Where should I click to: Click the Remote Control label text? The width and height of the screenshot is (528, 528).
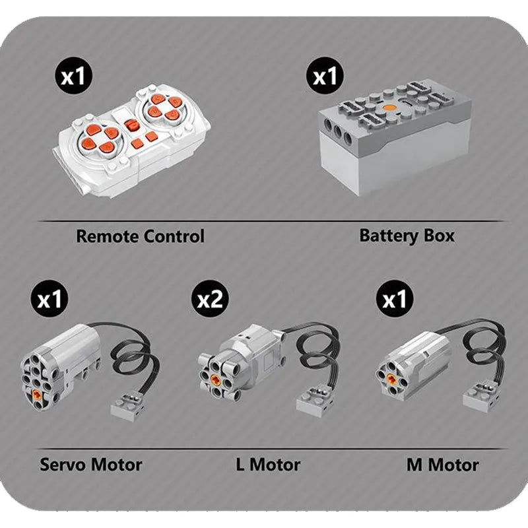tap(140, 236)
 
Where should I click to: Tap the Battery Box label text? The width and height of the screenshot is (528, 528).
tap(407, 235)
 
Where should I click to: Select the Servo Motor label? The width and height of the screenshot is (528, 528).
tap(91, 464)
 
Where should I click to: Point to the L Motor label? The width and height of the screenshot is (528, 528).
tap(267, 465)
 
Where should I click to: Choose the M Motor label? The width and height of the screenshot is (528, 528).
tap(442, 465)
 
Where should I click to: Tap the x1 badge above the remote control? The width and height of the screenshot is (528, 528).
tap(73, 77)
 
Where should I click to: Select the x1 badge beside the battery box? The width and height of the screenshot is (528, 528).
tap(325, 77)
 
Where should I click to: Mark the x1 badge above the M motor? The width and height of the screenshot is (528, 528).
tap(395, 301)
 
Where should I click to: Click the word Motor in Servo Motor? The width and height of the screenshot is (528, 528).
tap(115, 464)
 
